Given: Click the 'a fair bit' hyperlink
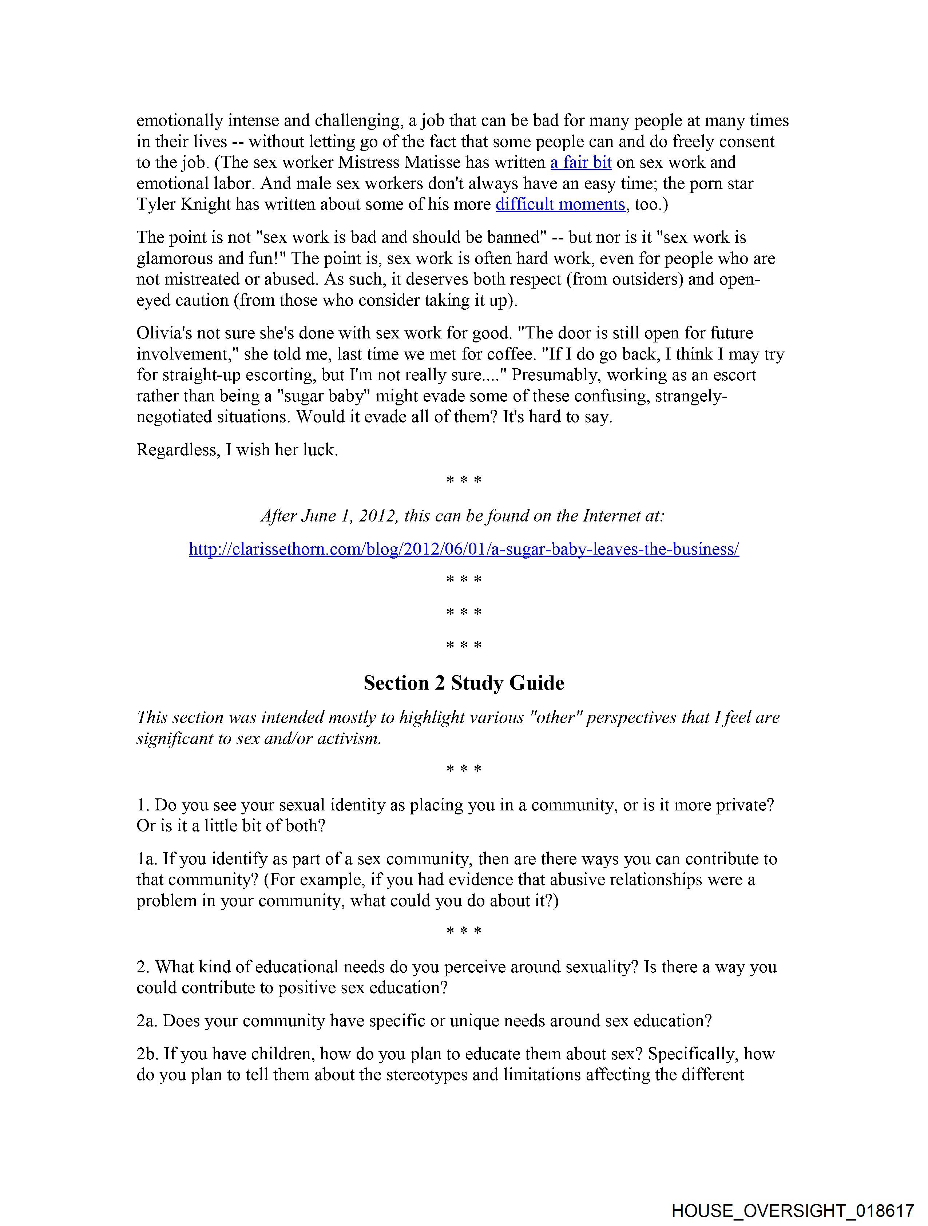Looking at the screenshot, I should (580, 162).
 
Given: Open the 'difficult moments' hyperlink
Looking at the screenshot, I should (560, 205).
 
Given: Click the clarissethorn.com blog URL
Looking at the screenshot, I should (464, 549).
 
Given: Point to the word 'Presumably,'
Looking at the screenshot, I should (556, 375).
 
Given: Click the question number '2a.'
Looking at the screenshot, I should (147, 1020).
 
